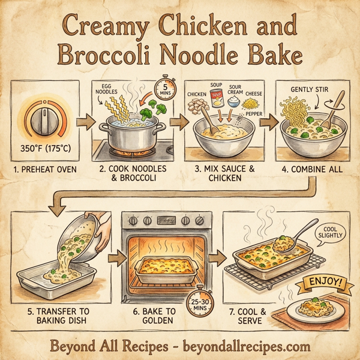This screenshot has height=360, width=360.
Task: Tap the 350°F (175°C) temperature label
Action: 45,146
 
